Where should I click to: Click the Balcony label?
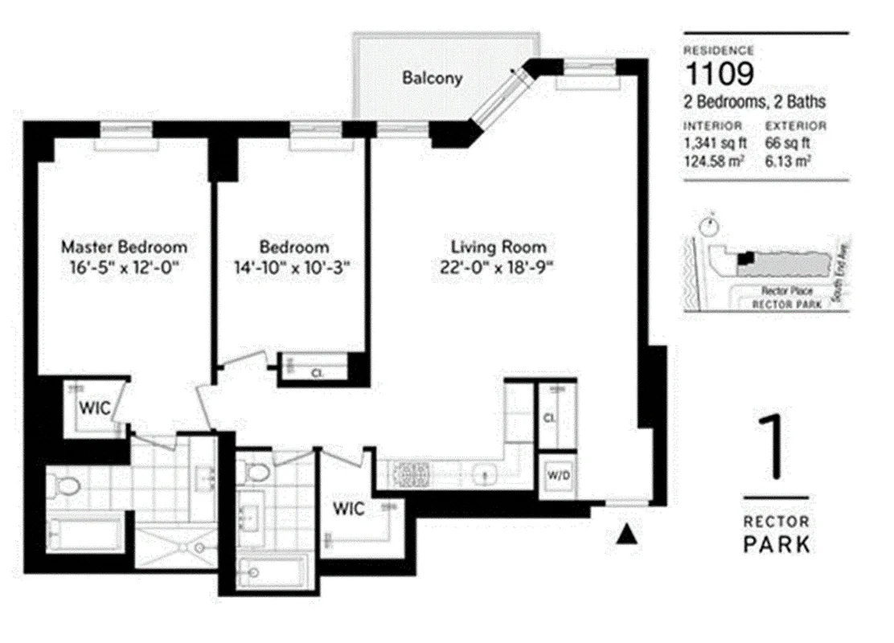click(x=433, y=78)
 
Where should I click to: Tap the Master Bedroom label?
click(x=124, y=246)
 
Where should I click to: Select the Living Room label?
click(x=498, y=247)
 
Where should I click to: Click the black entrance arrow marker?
click(x=626, y=536)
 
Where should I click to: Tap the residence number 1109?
click(x=719, y=75)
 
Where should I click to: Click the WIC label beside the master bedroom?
click(x=93, y=406)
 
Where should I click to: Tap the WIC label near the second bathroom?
click(x=351, y=509)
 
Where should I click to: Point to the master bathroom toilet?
click(x=61, y=485)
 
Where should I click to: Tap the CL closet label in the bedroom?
click(x=316, y=373)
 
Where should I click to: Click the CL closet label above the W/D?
click(x=550, y=418)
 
